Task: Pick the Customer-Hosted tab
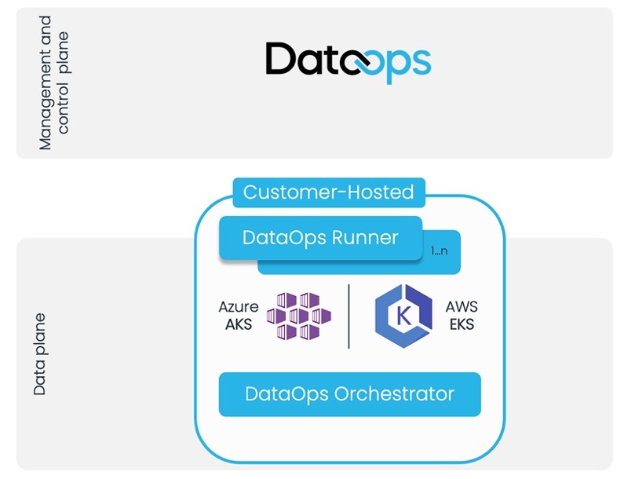pos(328,192)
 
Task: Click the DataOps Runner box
pos(320,237)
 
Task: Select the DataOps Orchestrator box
pos(349,393)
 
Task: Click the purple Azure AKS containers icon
pos(297,316)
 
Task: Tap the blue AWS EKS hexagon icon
pos(403,316)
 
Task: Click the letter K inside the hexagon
pos(403,316)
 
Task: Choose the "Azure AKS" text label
pos(238,315)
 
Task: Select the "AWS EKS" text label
pos(461,315)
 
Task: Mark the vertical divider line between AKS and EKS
pos(348,316)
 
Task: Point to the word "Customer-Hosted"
pos(328,192)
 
